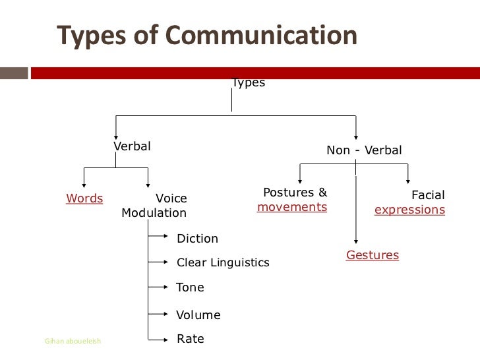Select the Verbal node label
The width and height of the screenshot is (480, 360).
click(x=132, y=146)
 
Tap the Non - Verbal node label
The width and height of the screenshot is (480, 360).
click(x=364, y=150)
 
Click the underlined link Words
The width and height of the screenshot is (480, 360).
click(x=84, y=198)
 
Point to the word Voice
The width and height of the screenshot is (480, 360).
click(x=171, y=198)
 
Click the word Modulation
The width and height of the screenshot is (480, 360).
click(x=154, y=213)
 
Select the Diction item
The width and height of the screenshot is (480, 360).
click(x=197, y=239)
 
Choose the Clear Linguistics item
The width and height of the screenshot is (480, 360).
click(x=223, y=262)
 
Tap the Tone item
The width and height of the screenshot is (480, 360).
click(x=190, y=287)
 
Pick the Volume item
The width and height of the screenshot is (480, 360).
click(x=198, y=315)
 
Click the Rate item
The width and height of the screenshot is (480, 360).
click(x=190, y=339)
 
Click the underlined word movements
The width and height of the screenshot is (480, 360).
click(x=292, y=207)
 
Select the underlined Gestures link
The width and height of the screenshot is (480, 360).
click(x=373, y=255)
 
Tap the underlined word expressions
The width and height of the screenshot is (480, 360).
click(x=409, y=210)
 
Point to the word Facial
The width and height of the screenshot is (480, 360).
click(x=428, y=195)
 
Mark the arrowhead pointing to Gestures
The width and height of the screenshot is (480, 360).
click(x=356, y=242)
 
